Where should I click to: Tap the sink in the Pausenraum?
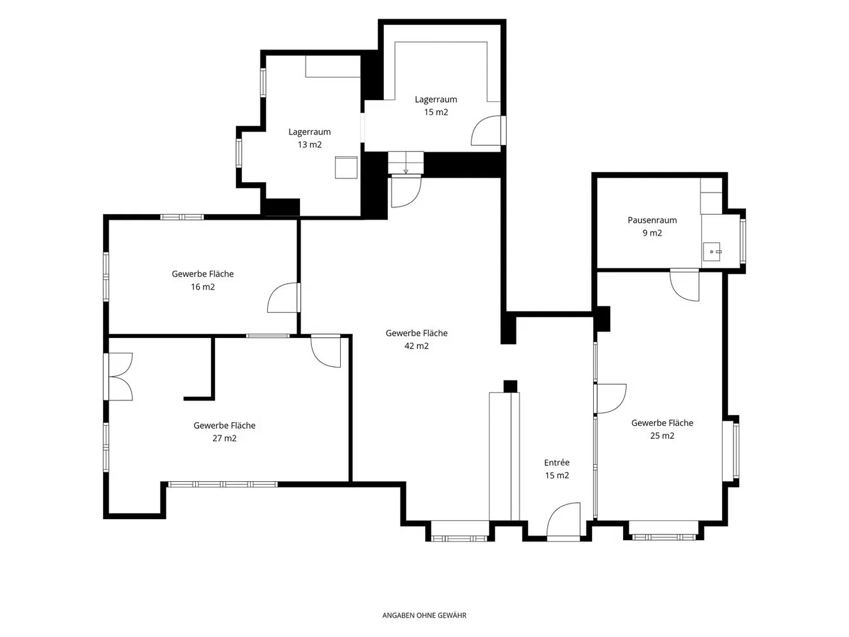coord(711,252)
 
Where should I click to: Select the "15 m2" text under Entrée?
coord(557,475)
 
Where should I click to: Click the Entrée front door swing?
coord(563,520)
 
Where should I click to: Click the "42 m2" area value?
coord(416,346)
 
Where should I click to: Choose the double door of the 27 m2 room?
coord(119,376)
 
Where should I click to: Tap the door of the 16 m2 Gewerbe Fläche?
coord(284,297)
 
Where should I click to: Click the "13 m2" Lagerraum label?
coord(310,145)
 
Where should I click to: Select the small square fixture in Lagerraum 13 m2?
coord(346,168)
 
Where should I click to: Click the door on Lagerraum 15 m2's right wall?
coord(488,130)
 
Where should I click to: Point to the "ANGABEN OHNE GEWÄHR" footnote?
coord(424,615)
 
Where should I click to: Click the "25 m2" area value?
coord(662,436)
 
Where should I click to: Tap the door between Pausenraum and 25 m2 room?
coord(685,285)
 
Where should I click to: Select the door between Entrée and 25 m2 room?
coord(610,398)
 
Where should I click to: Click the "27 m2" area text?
coord(225,438)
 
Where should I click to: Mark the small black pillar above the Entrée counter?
coord(510,386)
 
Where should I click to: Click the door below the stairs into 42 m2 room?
coord(406,191)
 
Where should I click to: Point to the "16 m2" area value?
coord(203,287)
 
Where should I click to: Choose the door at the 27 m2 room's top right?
coord(325,351)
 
